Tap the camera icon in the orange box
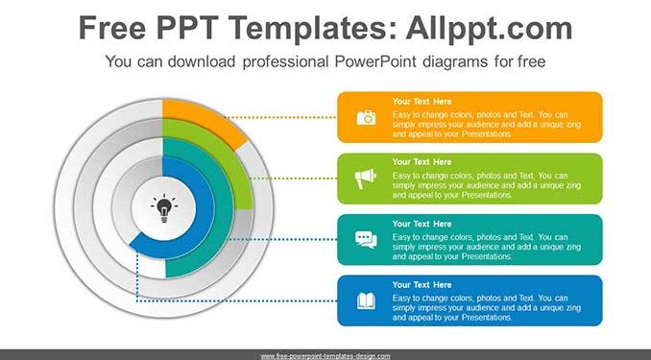point(366,117)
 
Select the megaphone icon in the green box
point(366,179)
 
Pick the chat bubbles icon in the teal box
point(366,240)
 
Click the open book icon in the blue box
point(366,301)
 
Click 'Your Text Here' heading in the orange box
point(422,102)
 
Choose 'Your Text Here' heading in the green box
point(422,162)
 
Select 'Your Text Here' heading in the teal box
point(422,224)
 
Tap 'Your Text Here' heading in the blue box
point(422,285)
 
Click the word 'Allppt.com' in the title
point(489,28)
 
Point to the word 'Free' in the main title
point(112,28)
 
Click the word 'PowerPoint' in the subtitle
point(375,61)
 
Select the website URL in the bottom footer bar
point(325,356)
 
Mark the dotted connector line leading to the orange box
point(281,117)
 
